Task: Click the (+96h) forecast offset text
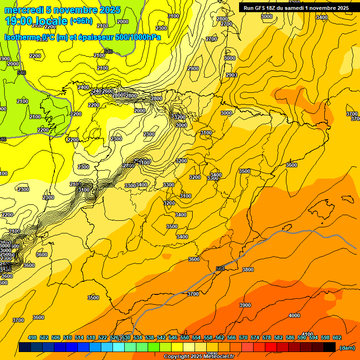pyautogui.click(x=81, y=21)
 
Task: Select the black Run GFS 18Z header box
pyautogui.click(x=296, y=8)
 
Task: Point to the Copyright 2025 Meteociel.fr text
pyautogui.click(x=199, y=357)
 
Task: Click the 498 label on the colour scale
pyautogui.click(x=32, y=337)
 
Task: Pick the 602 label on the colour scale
pyautogui.click(x=337, y=337)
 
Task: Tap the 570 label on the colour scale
pyautogui.click(x=243, y=337)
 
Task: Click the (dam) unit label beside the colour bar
pyautogui.click(x=347, y=348)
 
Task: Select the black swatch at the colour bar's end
pyautogui.click(x=330, y=347)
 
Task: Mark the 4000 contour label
pyautogui.click(x=294, y=315)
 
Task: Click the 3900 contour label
pyautogui.click(x=245, y=305)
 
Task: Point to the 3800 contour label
pyautogui.click(x=248, y=270)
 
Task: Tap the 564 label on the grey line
pyautogui.click(x=220, y=269)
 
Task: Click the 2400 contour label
pyautogui.click(x=83, y=88)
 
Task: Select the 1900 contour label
pyautogui.click(x=4, y=59)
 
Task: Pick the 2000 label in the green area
pyautogui.click(x=13, y=64)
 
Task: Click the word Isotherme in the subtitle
pyautogui.click(x=22, y=37)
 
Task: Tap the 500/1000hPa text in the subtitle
pyautogui.click(x=138, y=37)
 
